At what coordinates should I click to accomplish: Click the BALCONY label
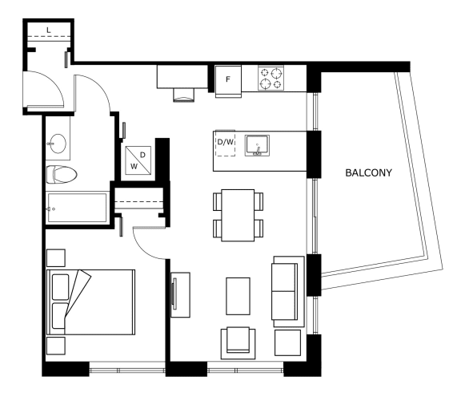[x=368, y=172]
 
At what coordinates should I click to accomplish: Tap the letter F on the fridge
[x=228, y=79]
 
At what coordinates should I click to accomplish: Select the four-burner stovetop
[x=271, y=78]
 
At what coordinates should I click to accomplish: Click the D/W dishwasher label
[x=226, y=142]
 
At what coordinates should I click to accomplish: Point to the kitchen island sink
[x=257, y=145]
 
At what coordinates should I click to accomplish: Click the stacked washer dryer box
[x=138, y=160]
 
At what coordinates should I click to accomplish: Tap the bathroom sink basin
[x=58, y=144]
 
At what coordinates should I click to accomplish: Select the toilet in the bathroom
[x=62, y=175]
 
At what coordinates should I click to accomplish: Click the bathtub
[x=77, y=208]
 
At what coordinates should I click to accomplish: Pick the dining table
[x=238, y=216]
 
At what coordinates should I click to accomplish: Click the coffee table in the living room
[x=239, y=296]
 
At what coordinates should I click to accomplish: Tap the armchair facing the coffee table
[x=239, y=342]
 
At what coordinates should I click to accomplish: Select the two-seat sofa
[x=287, y=291]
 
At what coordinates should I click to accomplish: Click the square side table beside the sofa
[x=287, y=342]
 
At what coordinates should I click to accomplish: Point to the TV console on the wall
[x=180, y=294]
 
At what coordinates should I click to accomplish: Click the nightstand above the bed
[x=56, y=258]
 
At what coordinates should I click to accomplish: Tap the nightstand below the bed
[x=56, y=346]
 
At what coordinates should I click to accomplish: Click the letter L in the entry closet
[x=49, y=30]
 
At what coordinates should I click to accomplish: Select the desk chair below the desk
[x=184, y=95]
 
